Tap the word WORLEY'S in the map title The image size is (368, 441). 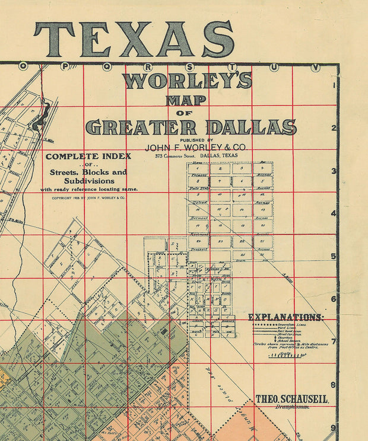[x=188, y=80]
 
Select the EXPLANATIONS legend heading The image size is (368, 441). [x=285, y=317]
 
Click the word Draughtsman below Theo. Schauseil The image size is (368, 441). [x=292, y=408]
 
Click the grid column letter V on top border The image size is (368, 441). [x=315, y=67]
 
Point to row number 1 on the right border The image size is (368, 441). [x=334, y=85]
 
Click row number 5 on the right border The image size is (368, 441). [x=334, y=257]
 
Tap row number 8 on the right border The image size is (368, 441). [x=334, y=385]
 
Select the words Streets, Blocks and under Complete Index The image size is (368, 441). [x=88, y=172]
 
